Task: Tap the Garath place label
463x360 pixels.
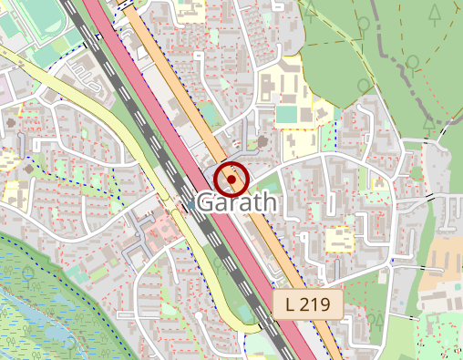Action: click(235, 202)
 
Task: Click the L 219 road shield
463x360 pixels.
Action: click(308, 303)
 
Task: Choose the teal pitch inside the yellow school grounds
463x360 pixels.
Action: click(286, 115)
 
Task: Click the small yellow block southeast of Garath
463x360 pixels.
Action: click(339, 240)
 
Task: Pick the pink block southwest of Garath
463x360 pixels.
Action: click(162, 225)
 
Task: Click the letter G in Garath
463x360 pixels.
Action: click(205, 202)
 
